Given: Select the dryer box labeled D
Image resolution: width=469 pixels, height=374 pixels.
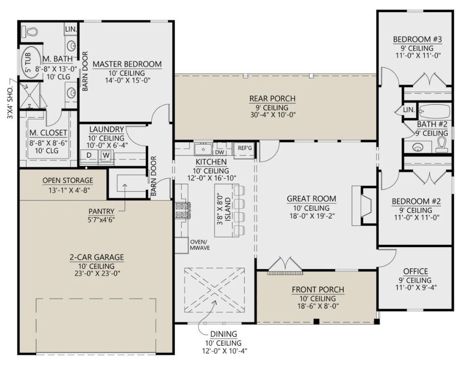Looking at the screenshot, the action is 89,155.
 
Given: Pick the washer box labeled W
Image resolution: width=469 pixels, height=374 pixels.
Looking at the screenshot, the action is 106,155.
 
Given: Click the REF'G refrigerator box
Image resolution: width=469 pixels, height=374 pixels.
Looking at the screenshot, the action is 245,149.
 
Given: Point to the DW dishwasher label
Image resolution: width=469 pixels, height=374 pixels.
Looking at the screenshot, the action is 219,152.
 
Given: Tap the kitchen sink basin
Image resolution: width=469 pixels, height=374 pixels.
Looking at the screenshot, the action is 203,149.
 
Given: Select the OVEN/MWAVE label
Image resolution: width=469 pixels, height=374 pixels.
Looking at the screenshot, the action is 200,245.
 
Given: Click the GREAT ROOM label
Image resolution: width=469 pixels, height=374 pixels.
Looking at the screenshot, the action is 311,199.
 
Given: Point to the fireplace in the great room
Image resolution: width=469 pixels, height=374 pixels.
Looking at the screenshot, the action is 364,205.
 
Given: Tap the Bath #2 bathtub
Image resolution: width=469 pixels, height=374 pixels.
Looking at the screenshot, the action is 434,111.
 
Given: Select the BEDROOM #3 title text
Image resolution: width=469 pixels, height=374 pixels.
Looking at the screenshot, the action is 417,39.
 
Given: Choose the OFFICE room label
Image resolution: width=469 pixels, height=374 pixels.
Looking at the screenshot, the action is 415,271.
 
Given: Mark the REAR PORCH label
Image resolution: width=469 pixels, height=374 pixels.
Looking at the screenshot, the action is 272,99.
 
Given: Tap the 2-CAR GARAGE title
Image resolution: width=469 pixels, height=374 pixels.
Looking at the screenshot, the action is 97,257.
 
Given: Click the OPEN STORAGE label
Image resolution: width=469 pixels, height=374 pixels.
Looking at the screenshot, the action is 67,181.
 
